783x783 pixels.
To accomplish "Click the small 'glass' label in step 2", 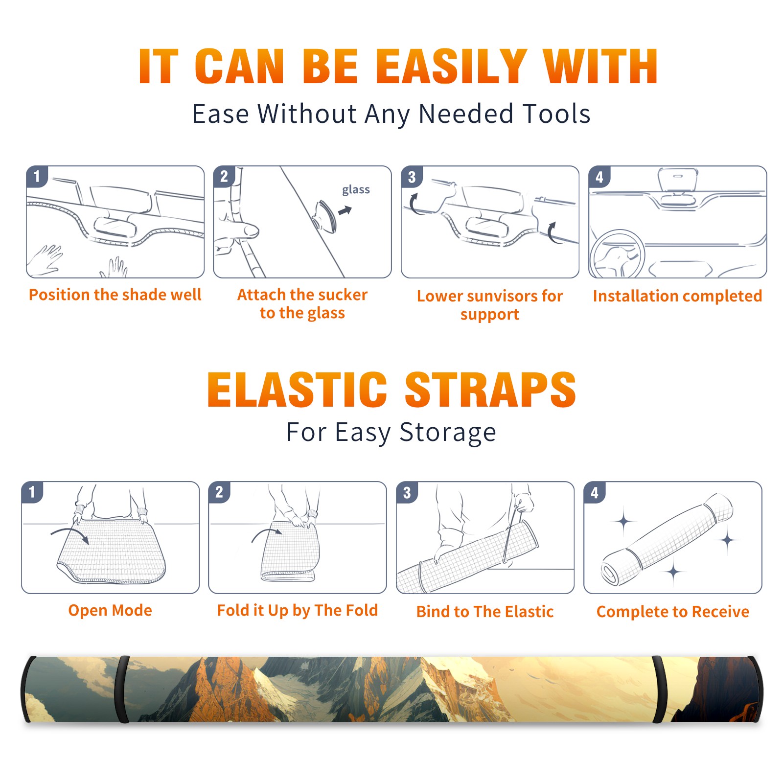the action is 356,190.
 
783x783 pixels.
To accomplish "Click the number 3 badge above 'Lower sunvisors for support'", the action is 412,177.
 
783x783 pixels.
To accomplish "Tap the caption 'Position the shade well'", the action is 115,295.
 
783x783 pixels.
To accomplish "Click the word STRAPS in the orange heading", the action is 490,390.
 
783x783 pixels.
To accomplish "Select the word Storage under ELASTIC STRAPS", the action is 448,433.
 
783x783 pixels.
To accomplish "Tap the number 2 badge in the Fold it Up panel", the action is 219,492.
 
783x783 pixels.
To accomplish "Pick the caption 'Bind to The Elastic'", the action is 484,612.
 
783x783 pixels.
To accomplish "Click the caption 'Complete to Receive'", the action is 673,612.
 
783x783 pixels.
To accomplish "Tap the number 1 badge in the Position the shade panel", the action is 37,177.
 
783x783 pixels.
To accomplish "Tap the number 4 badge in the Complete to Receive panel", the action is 595,492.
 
